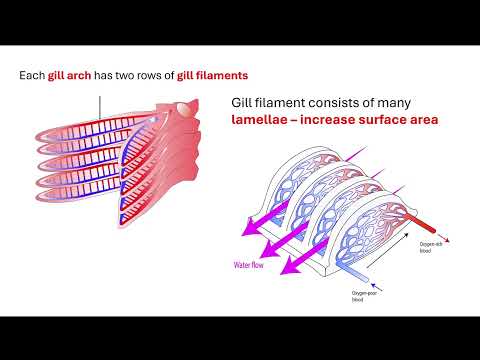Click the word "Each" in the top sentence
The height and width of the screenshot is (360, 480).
pyautogui.click(x=33, y=75)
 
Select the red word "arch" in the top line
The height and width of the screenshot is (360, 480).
pyautogui.click(x=88, y=75)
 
